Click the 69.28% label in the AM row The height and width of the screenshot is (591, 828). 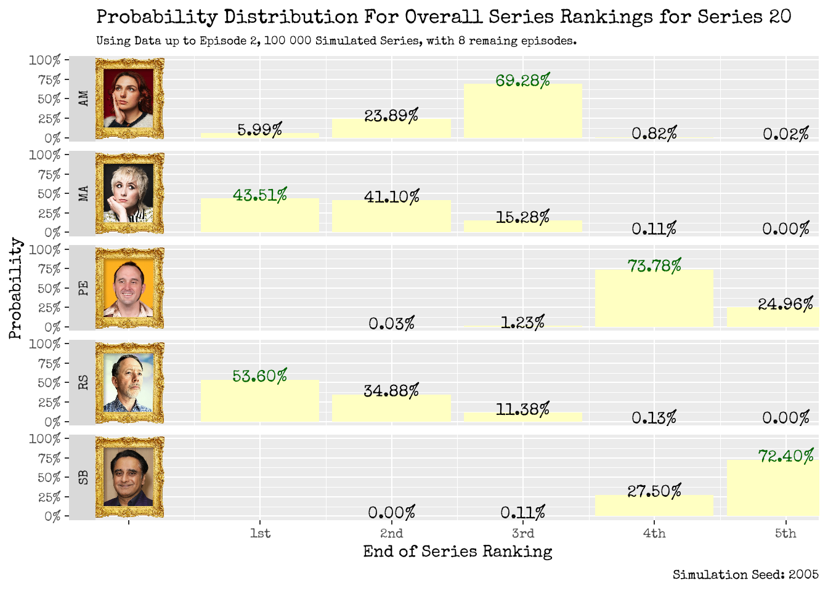point(522,81)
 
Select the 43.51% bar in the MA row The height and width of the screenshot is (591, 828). point(259,215)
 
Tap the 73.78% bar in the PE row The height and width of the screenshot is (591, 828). point(654,298)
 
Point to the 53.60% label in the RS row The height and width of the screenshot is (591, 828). point(259,376)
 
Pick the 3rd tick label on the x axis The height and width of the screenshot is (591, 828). point(522,533)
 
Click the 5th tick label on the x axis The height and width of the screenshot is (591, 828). point(785,533)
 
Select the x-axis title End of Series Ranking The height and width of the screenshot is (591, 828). point(457,552)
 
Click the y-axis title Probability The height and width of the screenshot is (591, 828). point(15,288)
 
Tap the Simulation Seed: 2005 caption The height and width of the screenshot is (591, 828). point(745,574)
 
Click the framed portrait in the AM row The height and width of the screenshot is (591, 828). point(129,98)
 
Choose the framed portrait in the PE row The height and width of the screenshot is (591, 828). point(129,288)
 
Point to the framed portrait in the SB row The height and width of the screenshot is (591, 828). point(129,477)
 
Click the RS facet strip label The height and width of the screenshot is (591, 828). point(83,382)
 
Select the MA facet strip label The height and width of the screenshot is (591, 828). point(83,193)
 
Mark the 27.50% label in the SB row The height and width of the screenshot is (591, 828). point(654,491)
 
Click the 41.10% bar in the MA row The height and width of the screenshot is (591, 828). point(391,217)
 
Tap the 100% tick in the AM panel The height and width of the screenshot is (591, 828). point(44,60)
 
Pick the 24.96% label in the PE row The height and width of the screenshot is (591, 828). point(785,304)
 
